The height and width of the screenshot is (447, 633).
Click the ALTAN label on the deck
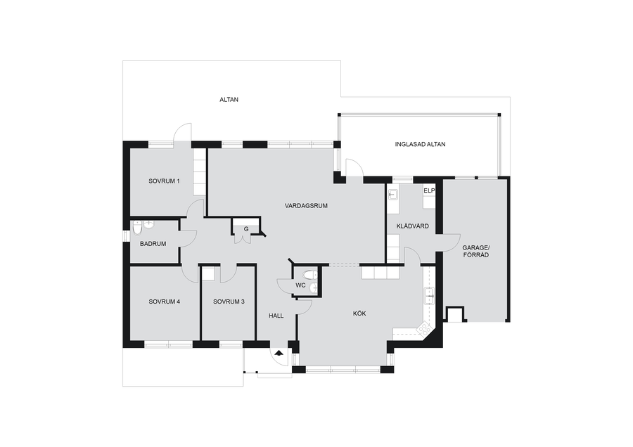pos(229,100)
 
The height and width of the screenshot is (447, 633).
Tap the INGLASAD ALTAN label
pos(421,144)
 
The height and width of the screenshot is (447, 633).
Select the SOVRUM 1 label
pos(164,181)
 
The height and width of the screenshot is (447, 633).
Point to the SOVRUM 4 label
pos(164,302)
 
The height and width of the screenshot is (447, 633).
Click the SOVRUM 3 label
pos(229,302)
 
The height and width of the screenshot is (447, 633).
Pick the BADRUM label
pos(153,244)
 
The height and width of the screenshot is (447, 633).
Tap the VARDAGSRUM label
pos(306,206)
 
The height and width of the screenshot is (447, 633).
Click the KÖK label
pos(359,313)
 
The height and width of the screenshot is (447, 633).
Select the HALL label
pos(276,316)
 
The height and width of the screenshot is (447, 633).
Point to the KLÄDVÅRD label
pos(413,226)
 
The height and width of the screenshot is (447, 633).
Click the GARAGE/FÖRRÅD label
pos(475,252)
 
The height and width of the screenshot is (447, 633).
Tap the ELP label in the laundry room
pos(429,190)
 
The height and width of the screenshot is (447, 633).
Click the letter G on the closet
pos(246,230)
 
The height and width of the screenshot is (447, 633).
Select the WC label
pos(300,285)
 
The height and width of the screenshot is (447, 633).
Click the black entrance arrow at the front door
pos(279,353)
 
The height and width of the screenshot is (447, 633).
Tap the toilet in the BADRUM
pos(138,228)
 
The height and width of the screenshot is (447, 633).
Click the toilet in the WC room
pos(311,276)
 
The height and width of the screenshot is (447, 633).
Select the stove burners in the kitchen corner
pos(424,330)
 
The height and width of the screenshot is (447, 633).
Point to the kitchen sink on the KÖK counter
pos(428,296)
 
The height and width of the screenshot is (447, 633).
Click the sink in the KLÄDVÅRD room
pos(392,195)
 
